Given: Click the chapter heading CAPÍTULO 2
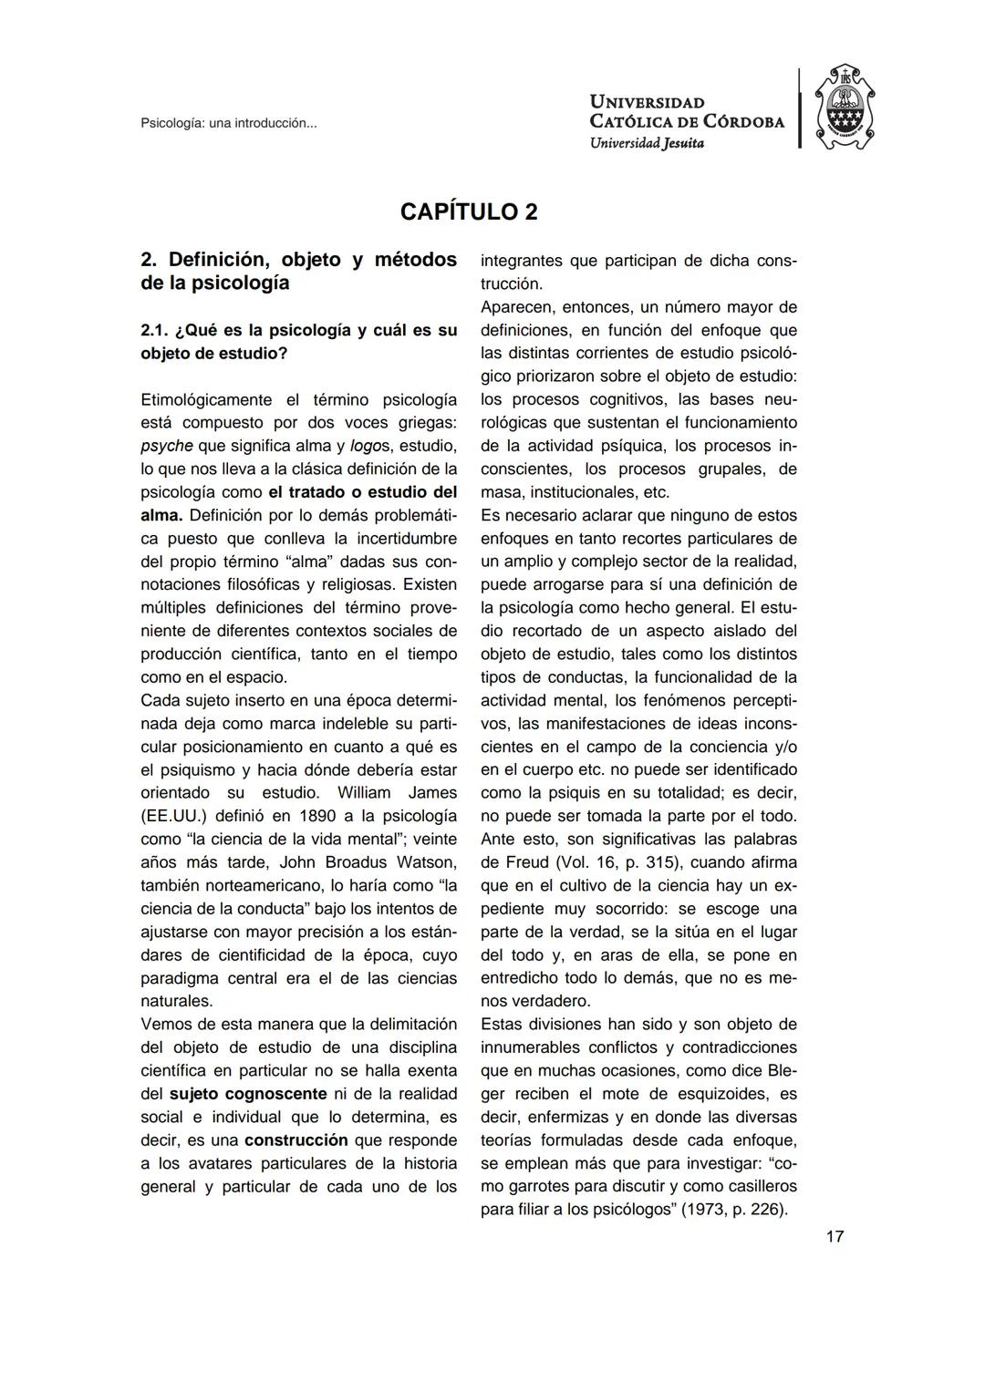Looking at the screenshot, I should tap(469, 211).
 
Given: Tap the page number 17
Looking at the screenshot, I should tap(835, 1236).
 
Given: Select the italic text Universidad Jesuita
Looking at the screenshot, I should tap(647, 143).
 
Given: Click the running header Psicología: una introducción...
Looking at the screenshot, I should tap(228, 123).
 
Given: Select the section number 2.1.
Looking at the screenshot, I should tap(153, 330).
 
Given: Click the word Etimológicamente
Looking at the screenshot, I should tap(206, 399).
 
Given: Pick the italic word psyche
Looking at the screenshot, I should tap(166, 446).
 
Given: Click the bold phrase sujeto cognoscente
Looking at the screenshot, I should tap(248, 1094).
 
